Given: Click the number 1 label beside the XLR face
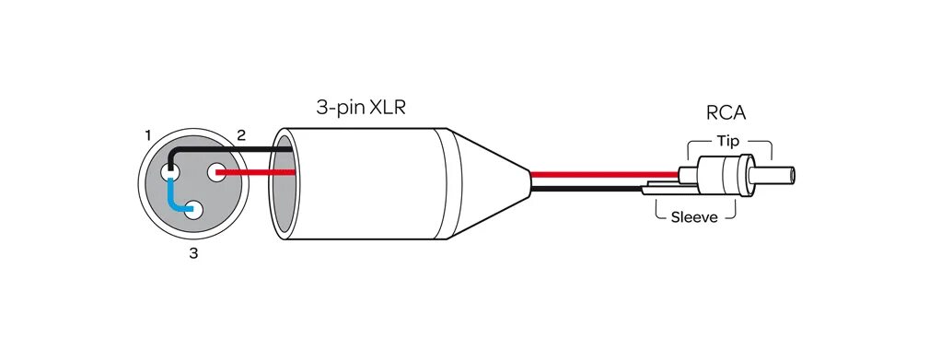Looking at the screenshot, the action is [x=148, y=135].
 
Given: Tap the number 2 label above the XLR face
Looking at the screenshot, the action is [x=241, y=135].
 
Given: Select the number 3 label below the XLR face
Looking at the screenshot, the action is [x=193, y=253].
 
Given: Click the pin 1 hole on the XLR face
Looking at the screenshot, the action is [x=169, y=172].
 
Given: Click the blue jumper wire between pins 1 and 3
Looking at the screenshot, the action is [x=172, y=197].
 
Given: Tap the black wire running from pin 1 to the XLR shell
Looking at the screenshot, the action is [x=230, y=150].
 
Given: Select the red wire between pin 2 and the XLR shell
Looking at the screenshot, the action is [x=258, y=172].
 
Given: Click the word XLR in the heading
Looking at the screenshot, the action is [x=386, y=108].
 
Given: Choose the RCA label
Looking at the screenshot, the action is [x=726, y=113].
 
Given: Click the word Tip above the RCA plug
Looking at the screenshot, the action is [x=727, y=141].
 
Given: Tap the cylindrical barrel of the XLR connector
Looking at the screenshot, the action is [x=368, y=184].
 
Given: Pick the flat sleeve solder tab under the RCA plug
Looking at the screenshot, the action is [x=668, y=189].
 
